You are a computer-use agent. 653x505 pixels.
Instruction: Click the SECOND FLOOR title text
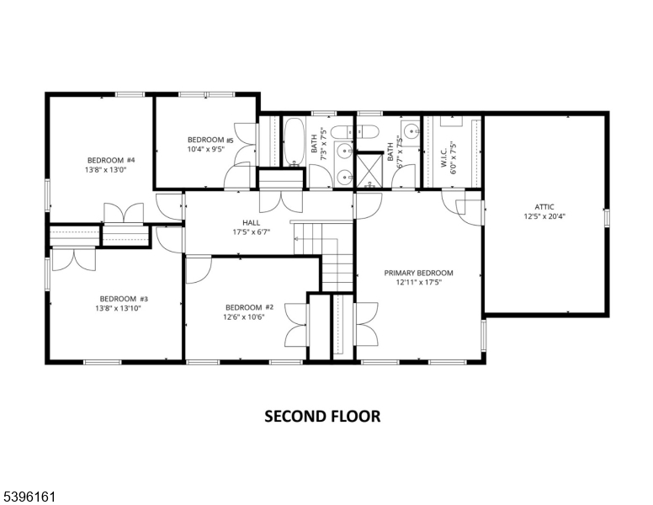(x=322, y=416)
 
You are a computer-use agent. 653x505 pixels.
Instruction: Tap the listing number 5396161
(x=29, y=497)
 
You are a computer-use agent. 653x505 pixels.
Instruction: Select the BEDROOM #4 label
(x=111, y=160)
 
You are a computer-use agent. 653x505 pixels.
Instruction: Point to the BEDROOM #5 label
(x=205, y=140)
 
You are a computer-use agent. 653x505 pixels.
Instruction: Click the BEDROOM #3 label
(x=124, y=299)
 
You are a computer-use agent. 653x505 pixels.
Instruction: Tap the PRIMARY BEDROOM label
(x=418, y=273)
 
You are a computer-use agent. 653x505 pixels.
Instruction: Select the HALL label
(x=251, y=223)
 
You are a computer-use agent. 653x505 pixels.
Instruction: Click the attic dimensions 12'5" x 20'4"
(x=544, y=215)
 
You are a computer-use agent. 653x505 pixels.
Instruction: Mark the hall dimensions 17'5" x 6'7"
(x=251, y=233)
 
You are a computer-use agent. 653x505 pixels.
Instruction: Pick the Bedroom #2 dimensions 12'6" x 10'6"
(x=245, y=317)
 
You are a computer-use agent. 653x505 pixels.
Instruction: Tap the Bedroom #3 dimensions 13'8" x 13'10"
(x=124, y=309)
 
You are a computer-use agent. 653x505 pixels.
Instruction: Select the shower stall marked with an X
(x=369, y=168)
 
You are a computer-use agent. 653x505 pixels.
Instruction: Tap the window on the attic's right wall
(x=605, y=217)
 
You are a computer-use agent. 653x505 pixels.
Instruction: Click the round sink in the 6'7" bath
(x=410, y=131)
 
